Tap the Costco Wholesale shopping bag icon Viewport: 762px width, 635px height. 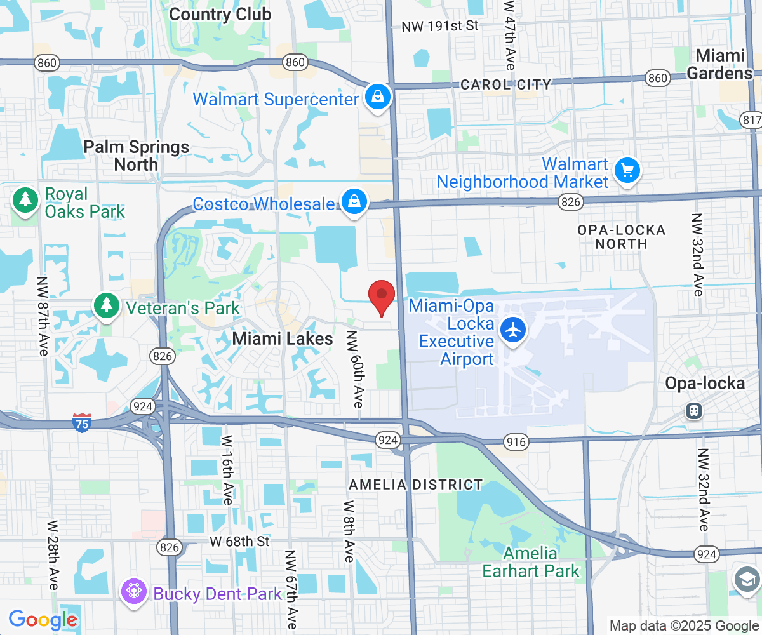click(354, 203)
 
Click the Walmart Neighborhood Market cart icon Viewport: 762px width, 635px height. click(627, 170)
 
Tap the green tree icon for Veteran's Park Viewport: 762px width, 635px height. click(107, 305)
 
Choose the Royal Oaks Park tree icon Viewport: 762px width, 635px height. click(25, 200)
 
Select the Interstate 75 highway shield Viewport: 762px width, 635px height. click(82, 423)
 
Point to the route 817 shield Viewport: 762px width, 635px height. click(751, 120)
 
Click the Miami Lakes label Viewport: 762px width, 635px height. click(283, 339)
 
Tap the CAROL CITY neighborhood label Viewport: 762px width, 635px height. click(506, 84)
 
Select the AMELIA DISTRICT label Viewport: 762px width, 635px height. click(416, 485)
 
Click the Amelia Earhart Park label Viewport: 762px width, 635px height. click(531, 563)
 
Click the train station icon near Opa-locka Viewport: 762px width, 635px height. click(694, 410)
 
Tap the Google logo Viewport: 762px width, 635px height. click(43, 619)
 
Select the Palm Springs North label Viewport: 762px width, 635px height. click(137, 156)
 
